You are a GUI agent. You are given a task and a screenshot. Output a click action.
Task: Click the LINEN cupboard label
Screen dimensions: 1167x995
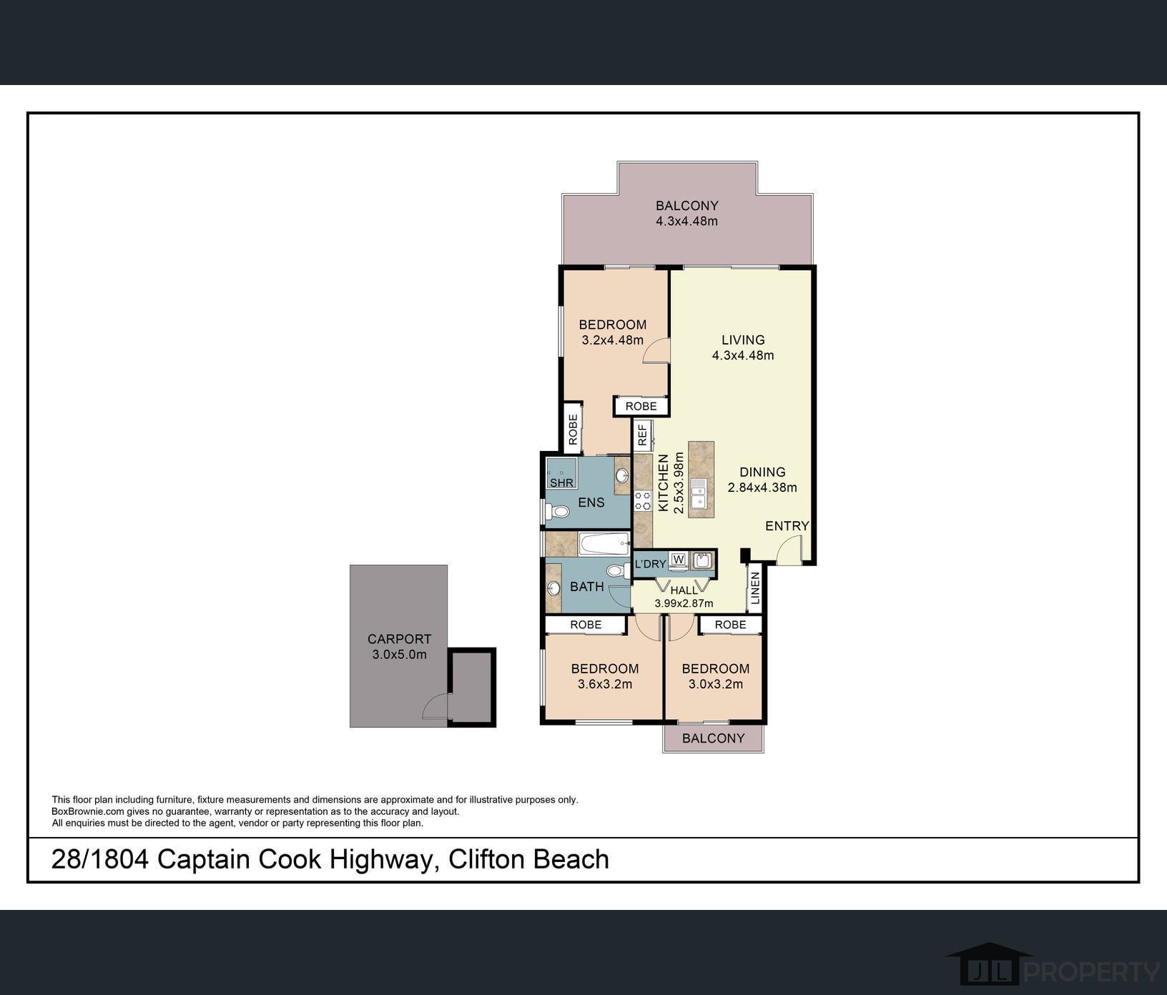click(755, 588)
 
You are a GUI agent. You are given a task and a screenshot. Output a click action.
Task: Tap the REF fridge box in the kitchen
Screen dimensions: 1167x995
click(642, 435)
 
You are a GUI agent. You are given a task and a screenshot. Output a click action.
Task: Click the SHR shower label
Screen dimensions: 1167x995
click(561, 482)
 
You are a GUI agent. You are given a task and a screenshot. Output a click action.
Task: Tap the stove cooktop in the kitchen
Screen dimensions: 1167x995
click(642, 500)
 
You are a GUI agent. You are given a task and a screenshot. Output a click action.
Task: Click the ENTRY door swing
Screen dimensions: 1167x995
click(790, 550)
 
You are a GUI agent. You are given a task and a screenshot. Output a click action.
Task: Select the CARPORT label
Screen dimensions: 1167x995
click(399, 639)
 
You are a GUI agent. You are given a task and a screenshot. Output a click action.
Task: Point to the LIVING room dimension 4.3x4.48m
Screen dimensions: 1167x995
click(743, 355)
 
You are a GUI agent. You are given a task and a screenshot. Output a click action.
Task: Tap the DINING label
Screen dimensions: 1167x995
click(762, 472)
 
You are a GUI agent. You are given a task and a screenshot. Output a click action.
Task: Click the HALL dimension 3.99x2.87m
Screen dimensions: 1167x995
click(684, 603)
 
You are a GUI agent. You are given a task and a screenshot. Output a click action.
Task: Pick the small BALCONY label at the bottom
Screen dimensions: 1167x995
click(713, 738)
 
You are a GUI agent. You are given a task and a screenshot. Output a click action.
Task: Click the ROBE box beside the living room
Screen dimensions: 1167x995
click(641, 406)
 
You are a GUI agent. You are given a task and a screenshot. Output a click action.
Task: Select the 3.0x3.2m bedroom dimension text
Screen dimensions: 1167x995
click(716, 684)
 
